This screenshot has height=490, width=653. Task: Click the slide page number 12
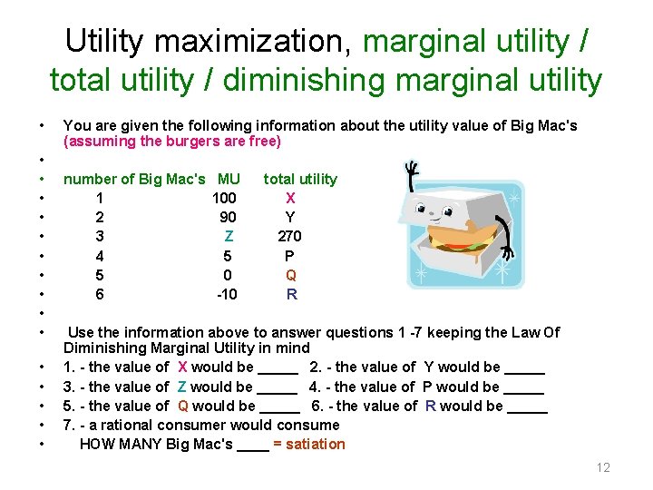click(x=603, y=467)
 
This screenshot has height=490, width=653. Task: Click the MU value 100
click(x=224, y=198)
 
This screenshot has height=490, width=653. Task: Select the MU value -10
click(x=227, y=294)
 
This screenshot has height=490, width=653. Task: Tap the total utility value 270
click(x=289, y=236)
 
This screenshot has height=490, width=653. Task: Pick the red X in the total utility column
click(x=290, y=198)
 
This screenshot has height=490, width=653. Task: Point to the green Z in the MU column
click(x=229, y=236)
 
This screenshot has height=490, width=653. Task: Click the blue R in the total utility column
click(x=291, y=294)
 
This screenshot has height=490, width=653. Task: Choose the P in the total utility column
click(x=289, y=256)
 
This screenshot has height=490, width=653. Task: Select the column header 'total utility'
click(x=299, y=179)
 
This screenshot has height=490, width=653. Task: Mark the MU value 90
click(x=228, y=217)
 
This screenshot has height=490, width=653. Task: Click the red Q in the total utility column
click(x=290, y=275)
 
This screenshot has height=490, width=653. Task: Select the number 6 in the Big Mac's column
click(x=100, y=294)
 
